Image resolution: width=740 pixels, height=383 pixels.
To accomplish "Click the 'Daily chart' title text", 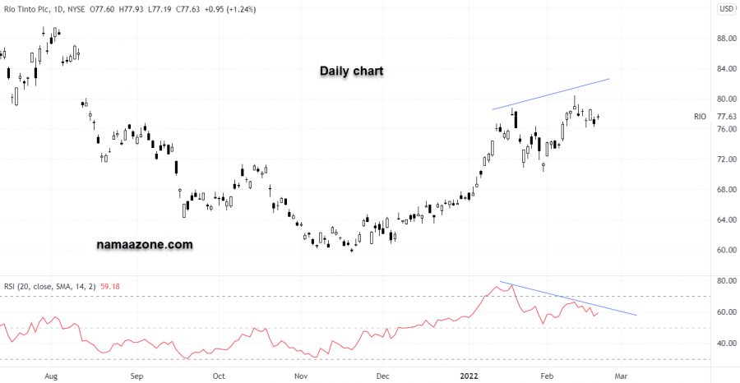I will click(352, 72).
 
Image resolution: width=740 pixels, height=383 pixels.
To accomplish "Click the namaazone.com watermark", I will click(144, 244).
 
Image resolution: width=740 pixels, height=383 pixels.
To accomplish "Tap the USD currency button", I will click(727, 9).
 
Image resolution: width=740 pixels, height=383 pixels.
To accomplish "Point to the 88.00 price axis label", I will click(726, 39).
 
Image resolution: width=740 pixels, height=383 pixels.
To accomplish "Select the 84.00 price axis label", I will click(726, 69).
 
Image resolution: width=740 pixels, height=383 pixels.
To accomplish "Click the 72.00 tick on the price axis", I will click(726, 159).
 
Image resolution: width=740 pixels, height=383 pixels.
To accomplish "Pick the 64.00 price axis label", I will click(726, 220).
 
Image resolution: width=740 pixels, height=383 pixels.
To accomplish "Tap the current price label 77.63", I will click(726, 118).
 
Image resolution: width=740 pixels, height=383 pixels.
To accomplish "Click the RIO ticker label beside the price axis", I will click(701, 118).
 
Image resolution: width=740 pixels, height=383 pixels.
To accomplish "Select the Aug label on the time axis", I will click(51, 376).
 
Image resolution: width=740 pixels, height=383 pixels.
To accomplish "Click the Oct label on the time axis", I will click(219, 376).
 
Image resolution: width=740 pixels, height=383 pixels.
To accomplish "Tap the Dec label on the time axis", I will click(382, 376).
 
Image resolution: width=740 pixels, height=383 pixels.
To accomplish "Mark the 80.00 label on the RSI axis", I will click(726, 281).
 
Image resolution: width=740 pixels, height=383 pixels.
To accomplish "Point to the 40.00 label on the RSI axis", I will click(726, 344).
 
